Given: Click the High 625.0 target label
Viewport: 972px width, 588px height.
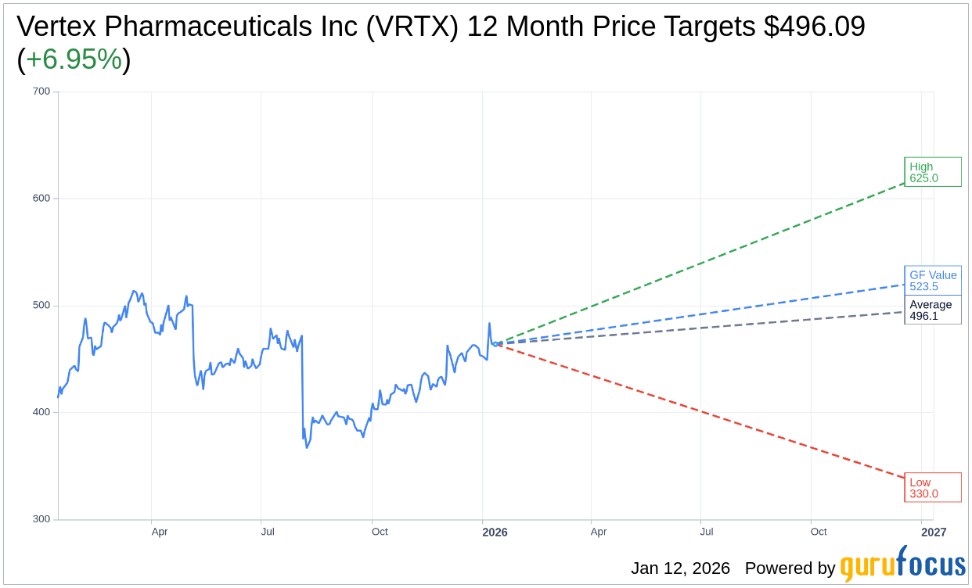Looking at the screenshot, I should coord(932,172).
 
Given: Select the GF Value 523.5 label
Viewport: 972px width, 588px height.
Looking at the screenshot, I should coord(932,281).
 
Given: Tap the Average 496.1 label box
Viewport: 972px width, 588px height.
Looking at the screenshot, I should coord(932,310).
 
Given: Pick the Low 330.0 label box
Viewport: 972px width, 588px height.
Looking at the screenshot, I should coord(932,488).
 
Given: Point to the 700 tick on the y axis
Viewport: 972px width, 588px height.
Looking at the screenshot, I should coord(41,91).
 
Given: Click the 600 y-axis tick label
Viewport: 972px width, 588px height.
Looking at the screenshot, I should coord(41,199).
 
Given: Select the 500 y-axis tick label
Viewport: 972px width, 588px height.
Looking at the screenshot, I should coord(41,306).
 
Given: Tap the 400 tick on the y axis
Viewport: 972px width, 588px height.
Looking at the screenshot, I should coord(41,412).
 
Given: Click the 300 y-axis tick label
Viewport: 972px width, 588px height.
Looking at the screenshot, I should coord(41,519).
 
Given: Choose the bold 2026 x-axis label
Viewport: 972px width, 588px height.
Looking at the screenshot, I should coord(495,532).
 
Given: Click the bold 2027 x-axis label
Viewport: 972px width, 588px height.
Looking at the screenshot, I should coord(934,532).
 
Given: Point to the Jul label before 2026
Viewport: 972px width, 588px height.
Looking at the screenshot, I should coord(268,532).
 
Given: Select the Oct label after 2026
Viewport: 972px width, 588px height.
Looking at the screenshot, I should coord(819,532).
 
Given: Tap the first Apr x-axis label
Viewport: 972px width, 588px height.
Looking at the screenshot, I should coord(160,532).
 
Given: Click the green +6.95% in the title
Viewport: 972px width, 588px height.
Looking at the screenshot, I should coord(74,59).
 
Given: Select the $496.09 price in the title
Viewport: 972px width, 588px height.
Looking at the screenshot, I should coord(814,27).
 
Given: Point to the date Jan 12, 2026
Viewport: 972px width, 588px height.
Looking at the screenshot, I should coord(680,568).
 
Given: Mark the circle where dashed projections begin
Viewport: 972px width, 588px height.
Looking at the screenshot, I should coord(495,344).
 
